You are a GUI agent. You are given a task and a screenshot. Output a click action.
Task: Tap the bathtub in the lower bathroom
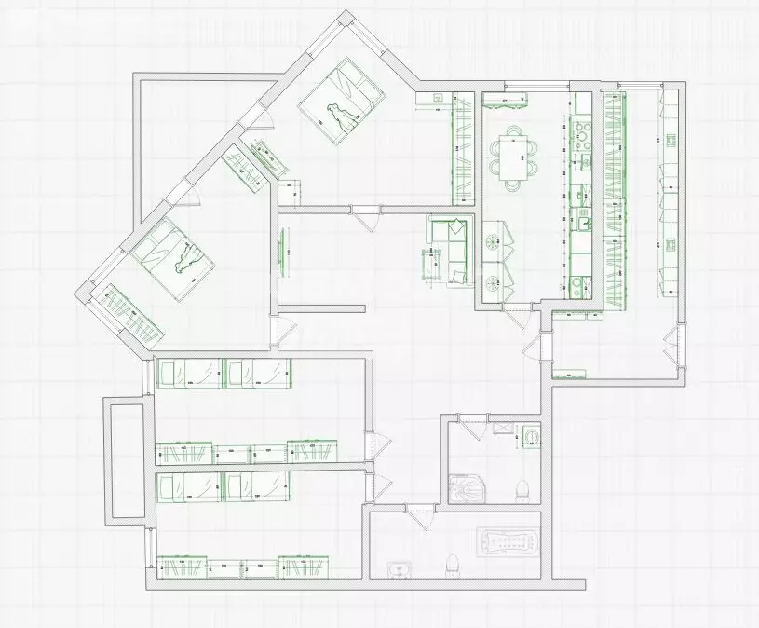pos(508,543)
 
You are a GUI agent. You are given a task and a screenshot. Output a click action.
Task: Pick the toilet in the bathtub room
pos(452,564)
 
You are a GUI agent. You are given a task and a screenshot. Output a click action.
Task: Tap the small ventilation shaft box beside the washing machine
pos(504,428)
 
